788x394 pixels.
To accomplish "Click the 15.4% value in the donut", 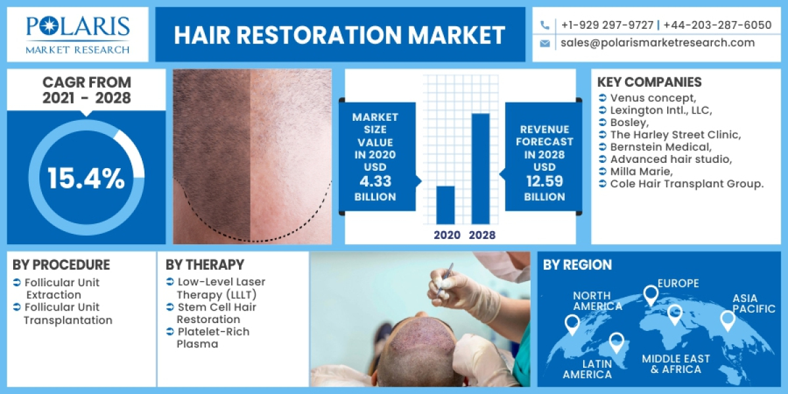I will point(86,179).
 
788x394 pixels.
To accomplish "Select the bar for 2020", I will point(445,204).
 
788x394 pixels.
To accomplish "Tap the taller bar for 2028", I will point(480,168).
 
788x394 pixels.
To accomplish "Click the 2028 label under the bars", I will point(482,234).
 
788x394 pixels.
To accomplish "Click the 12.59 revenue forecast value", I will point(544,183).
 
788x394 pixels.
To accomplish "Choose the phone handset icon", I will point(545,25).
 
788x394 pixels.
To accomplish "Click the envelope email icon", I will point(545,43).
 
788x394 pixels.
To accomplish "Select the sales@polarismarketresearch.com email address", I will point(657,43).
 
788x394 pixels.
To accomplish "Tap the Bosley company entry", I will point(628,122).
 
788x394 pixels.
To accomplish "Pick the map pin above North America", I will point(572,323).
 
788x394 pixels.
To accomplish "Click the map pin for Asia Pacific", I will point(727,320).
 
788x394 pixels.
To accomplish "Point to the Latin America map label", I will point(587,368).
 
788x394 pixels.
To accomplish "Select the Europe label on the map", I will point(679,284).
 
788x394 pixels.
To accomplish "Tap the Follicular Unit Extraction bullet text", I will point(62,289).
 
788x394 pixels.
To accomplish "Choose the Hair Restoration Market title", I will point(339,35).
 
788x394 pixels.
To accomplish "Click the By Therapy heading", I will point(205,265).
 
